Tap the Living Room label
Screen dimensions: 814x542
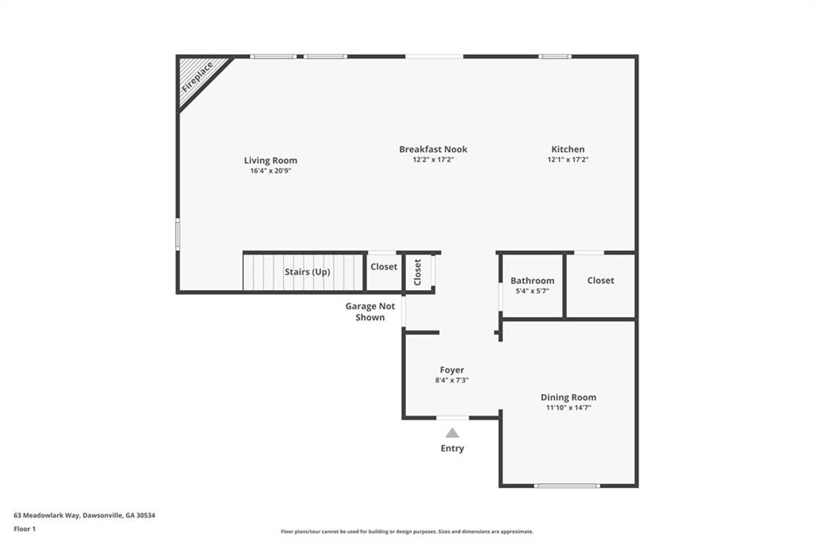[270, 161]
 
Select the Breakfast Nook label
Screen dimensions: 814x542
[433, 149]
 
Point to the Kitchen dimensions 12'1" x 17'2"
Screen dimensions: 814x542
[568, 160]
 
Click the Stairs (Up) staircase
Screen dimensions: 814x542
[304, 272]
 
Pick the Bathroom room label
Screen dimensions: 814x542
[532, 281]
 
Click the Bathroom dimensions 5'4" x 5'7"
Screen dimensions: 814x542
[532, 291]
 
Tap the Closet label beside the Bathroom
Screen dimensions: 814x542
[601, 281]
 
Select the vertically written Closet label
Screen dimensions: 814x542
[417, 272]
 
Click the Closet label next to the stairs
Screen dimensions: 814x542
[384, 266]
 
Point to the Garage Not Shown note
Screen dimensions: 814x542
[370, 312]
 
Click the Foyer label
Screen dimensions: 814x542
[452, 370]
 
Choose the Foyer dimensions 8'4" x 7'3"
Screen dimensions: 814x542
[452, 380]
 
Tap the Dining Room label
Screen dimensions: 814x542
[568, 397]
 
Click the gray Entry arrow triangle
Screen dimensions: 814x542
[452, 433]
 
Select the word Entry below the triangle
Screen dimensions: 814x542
[452, 448]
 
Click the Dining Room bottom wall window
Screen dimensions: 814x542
[567, 486]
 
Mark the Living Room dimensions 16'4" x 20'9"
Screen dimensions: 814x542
[270, 171]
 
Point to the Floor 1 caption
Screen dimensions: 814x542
[25, 529]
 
